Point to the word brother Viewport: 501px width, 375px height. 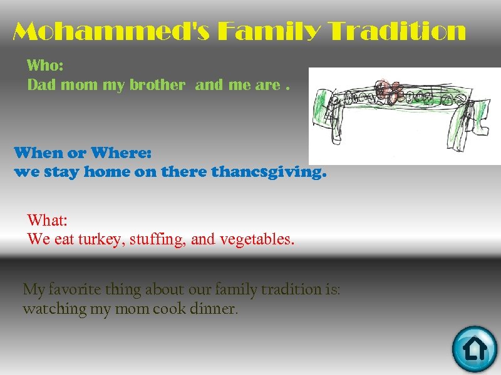[157, 85]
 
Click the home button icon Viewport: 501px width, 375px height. [474, 349]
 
